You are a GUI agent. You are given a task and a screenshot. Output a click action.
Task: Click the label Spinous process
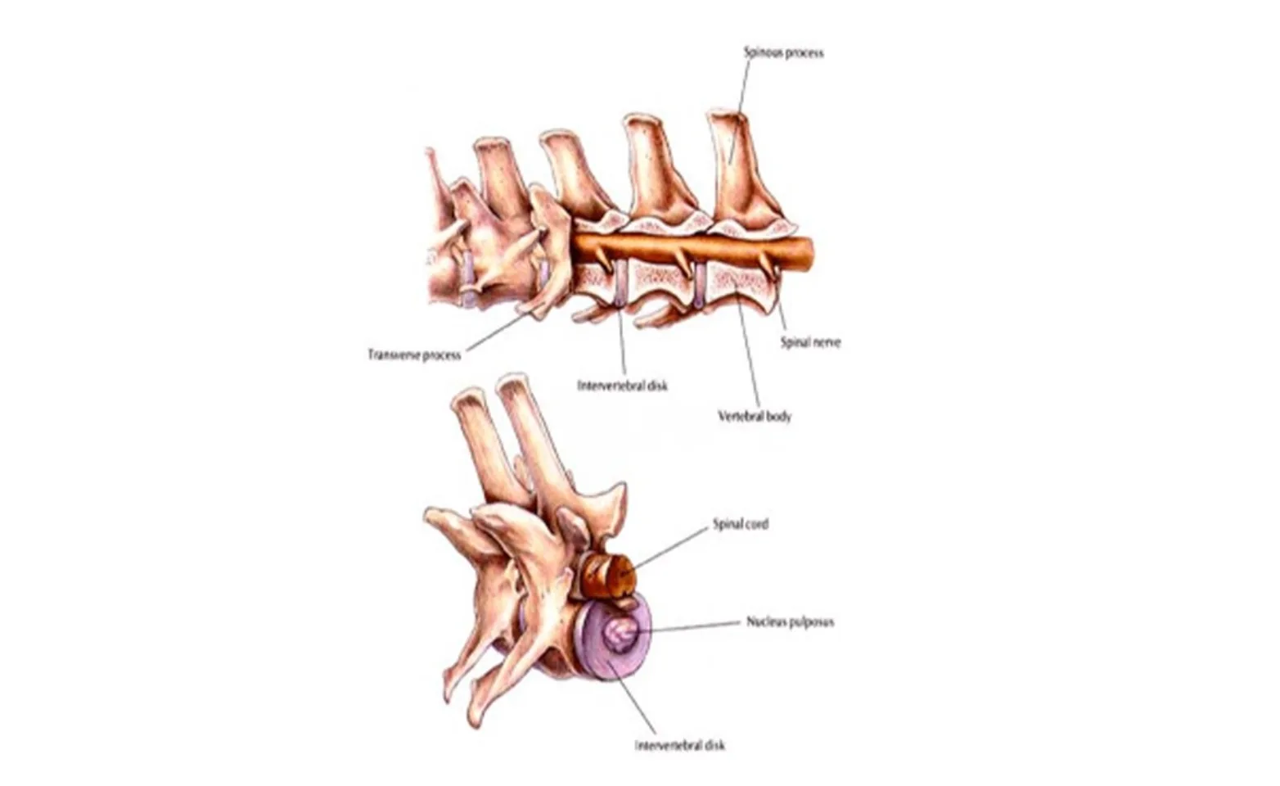(x=783, y=52)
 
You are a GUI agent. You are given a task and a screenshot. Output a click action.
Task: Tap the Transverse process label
(x=414, y=355)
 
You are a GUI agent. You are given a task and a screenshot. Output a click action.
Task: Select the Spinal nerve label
(x=810, y=342)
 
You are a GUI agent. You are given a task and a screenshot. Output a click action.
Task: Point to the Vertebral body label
(x=755, y=416)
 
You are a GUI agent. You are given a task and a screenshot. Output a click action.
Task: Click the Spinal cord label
(x=741, y=524)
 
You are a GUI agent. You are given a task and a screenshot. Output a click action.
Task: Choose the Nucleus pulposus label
(x=790, y=621)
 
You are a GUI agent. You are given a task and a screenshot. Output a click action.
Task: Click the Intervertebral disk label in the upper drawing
(x=622, y=385)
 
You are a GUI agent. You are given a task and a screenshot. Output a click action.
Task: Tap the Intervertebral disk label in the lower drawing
(x=680, y=745)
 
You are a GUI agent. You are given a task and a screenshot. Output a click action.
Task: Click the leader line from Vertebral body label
(x=750, y=352)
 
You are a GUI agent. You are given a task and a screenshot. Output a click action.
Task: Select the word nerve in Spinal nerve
(x=826, y=342)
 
